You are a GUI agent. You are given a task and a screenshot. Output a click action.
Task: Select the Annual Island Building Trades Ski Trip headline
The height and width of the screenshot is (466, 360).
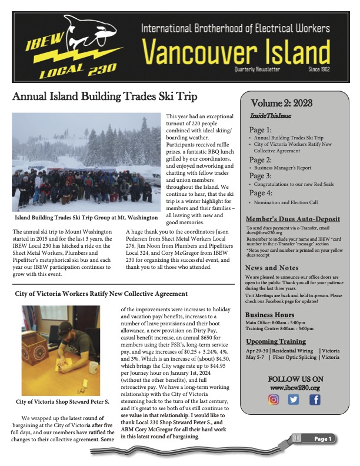click(105, 97)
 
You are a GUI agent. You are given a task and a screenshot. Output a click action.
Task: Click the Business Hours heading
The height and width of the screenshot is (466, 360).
click(269, 314)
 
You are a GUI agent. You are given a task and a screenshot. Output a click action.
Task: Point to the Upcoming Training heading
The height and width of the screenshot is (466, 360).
click(275, 341)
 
